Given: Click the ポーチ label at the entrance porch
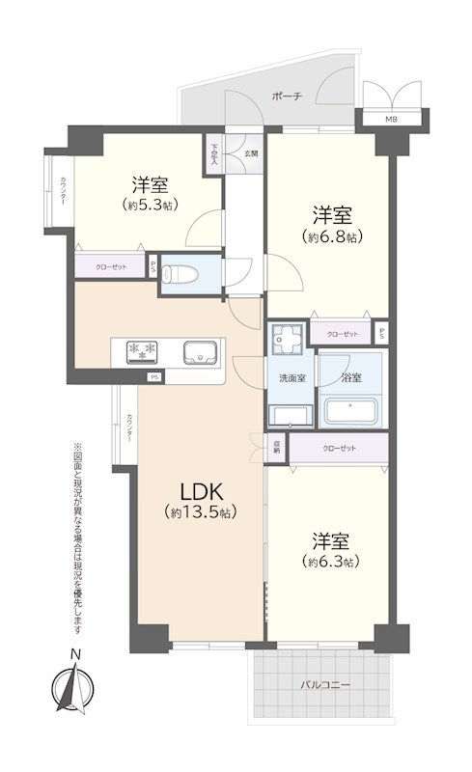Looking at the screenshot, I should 288,96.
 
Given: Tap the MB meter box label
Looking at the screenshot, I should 391,120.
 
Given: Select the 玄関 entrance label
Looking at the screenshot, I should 250,153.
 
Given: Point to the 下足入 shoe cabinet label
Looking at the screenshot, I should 214,156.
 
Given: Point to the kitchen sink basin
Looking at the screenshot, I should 198,352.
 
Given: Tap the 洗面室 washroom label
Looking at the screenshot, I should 292,377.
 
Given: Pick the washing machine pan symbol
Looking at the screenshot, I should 286,340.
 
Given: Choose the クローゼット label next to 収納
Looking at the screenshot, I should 340,449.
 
